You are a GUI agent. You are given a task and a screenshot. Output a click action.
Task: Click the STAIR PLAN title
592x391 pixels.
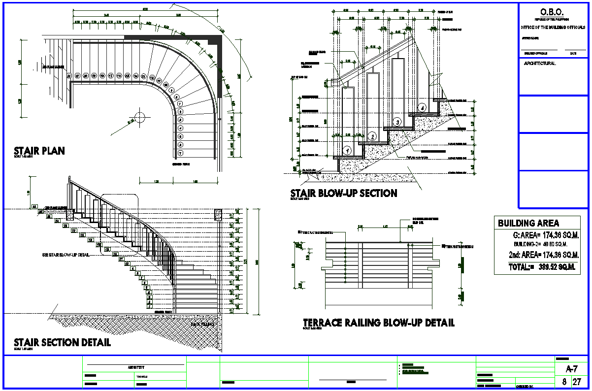click(x=39, y=151)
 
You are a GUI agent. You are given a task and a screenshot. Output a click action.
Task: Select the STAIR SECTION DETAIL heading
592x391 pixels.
click(x=62, y=342)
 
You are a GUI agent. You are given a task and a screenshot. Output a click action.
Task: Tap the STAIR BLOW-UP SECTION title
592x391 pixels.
click(x=344, y=193)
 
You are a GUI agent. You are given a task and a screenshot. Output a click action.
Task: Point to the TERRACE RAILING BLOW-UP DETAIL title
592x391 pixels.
click(x=378, y=323)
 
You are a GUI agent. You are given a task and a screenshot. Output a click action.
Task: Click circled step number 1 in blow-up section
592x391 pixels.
click(x=347, y=150)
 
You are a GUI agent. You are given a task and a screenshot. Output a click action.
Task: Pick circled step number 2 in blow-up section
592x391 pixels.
click(x=373, y=136)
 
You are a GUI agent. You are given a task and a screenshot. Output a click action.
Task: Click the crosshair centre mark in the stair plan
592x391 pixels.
click(x=139, y=117)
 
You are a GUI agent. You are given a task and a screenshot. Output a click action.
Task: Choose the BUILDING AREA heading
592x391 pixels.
click(x=528, y=223)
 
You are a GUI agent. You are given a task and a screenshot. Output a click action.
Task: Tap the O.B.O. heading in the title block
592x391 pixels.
click(x=552, y=12)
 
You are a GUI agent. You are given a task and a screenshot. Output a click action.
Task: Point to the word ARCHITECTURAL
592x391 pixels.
click(x=540, y=64)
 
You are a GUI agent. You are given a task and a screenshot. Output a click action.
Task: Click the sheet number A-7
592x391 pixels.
click(x=571, y=369)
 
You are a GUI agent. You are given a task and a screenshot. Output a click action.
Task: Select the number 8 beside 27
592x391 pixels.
click(x=563, y=382)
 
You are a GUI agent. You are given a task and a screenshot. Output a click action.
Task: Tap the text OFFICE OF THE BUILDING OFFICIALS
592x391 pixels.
click(x=553, y=27)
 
